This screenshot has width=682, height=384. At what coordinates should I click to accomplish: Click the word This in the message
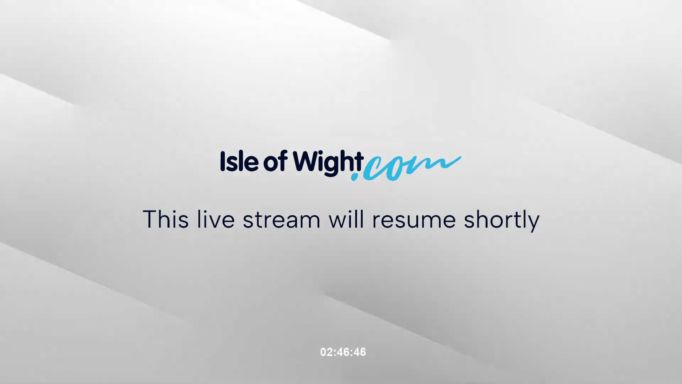point(166,219)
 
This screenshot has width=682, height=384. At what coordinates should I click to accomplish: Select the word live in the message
point(216,219)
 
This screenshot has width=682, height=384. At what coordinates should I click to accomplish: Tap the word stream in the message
point(281,220)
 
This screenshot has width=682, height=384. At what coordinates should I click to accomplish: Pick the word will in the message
point(346,219)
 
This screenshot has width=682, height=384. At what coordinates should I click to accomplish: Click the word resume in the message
point(414,220)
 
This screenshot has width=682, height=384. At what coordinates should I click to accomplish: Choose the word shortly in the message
point(502,220)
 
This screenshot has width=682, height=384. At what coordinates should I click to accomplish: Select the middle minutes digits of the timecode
point(343,352)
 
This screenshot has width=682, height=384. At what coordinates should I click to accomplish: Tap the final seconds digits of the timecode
point(360,352)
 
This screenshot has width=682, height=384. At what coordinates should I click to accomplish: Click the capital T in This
point(150,219)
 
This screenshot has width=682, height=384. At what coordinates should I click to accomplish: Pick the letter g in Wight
point(331,165)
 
